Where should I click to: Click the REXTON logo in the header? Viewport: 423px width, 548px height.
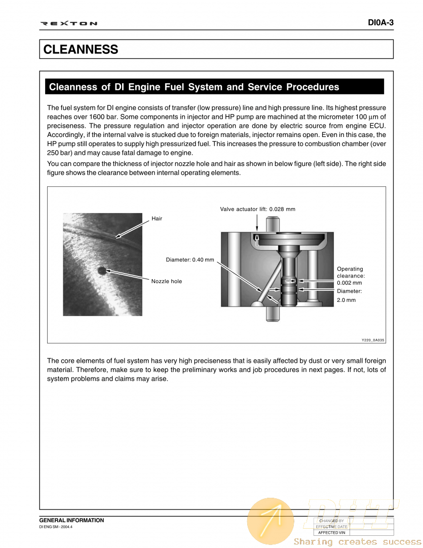coord(68,23)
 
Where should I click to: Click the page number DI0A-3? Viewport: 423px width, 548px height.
coord(380,23)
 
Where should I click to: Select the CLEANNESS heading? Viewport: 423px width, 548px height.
coord(81,50)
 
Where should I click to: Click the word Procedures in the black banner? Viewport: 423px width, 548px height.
coord(313,87)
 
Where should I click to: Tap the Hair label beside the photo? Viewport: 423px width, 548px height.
coord(157,219)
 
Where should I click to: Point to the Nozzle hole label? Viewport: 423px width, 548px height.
coord(166,281)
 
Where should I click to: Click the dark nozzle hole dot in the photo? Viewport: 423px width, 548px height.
coord(102,270)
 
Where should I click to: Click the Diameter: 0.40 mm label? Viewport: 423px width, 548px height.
coord(190,260)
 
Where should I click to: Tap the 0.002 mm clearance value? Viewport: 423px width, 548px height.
coord(349,283)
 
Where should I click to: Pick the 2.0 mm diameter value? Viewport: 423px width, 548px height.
coord(346,300)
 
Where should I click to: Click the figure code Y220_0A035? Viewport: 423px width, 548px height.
coord(373,340)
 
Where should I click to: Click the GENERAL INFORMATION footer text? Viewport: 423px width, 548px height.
coord(71,520)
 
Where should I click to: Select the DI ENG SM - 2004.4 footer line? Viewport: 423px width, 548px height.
coord(56,527)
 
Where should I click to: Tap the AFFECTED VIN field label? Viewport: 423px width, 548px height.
coord(331,533)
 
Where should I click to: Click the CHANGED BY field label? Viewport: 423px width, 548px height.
coord(331,521)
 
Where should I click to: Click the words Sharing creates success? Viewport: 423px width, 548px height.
coord(357,542)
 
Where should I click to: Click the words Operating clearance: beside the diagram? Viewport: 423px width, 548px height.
coord(351,272)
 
